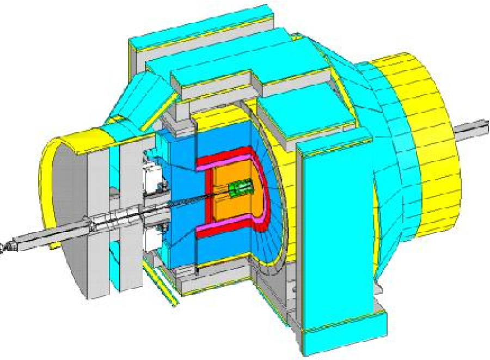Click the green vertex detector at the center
[240, 188]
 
